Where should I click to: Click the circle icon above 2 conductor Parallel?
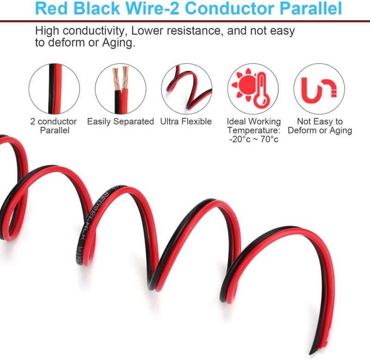(x=54, y=88)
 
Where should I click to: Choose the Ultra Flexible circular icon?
(x=186, y=88)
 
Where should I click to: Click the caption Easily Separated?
(x=120, y=122)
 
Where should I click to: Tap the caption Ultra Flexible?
(x=186, y=122)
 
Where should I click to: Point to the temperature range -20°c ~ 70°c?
(x=253, y=139)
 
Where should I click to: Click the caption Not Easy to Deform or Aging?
(x=320, y=126)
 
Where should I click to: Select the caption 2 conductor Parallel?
(x=54, y=126)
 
